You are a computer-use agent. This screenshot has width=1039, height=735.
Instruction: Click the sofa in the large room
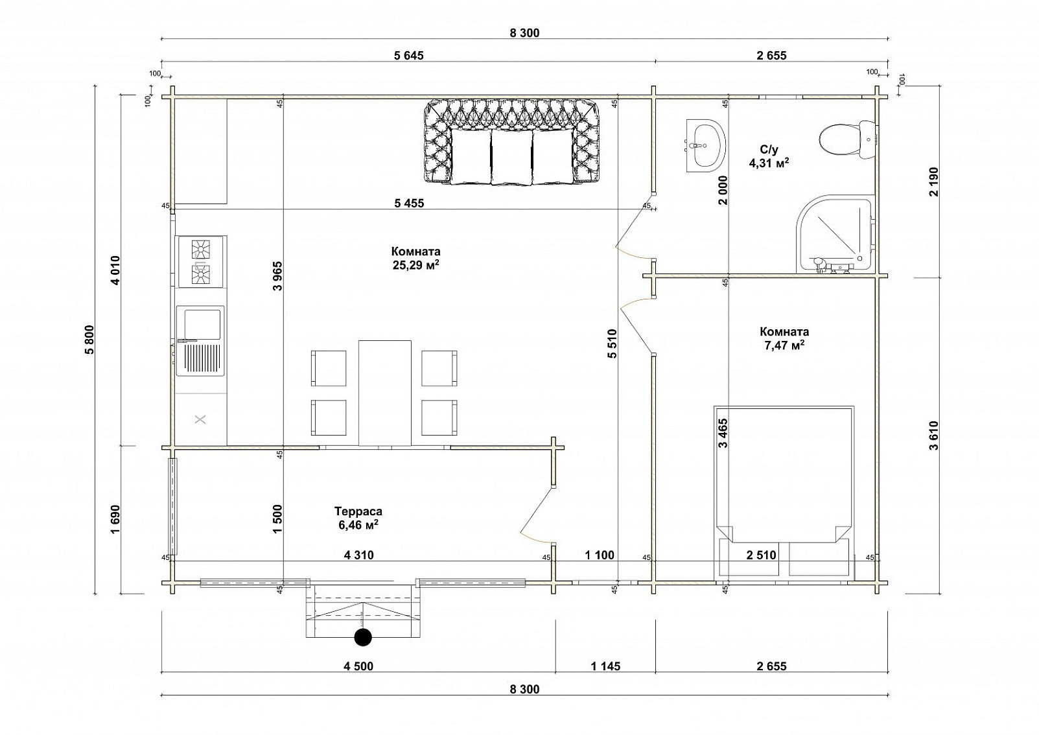tap(512, 143)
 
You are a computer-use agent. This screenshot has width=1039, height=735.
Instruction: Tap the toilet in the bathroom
tap(847, 139)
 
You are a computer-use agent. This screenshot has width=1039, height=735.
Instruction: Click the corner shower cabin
tap(835, 234)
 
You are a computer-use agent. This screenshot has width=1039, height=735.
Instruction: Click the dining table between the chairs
tap(385, 393)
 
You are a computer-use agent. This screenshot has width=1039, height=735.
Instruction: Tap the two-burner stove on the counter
tap(202, 262)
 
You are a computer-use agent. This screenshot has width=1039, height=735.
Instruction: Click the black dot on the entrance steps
tap(363, 637)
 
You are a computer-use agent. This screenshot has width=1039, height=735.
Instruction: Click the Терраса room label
tap(358, 511)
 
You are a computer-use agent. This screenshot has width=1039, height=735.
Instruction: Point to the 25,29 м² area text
tap(416, 265)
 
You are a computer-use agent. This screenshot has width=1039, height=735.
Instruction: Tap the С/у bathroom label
tap(769, 149)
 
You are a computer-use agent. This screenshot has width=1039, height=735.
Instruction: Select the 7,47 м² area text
tap(784, 345)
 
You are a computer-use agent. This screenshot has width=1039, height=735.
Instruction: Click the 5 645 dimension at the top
tap(408, 56)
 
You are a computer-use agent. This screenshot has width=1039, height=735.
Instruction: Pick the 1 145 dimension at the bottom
tap(605, 666)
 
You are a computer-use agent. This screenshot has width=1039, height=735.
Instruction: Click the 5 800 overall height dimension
tap(89, 340)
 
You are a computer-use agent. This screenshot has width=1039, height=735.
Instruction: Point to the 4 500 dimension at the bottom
tap(358, 666)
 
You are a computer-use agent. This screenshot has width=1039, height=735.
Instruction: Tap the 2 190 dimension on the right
tap(934, 181)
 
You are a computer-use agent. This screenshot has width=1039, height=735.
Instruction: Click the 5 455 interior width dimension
tap(409, 203)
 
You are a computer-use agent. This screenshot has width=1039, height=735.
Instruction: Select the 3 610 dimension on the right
tap(934, 436)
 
